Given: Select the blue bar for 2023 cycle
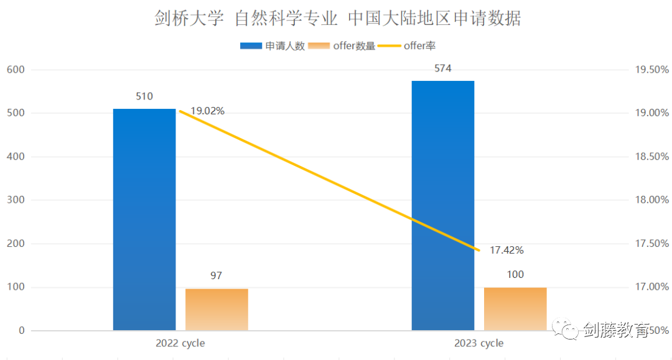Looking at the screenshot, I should pos(443,205).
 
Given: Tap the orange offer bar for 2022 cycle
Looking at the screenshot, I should pos(217,309).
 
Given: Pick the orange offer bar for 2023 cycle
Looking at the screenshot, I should pos(515,308).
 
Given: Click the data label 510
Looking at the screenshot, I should pos(144,96).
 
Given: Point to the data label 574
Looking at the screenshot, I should pos(443,68).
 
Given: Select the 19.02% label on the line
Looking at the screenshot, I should pos(207,111).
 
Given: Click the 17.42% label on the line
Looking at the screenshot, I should pos(506,250).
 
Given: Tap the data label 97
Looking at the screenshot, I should pos(217,275).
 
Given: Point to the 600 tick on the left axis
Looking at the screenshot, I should pos(17,70).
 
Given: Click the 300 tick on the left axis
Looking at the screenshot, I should pos(17,200).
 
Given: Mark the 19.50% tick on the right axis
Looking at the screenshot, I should pos(651,70).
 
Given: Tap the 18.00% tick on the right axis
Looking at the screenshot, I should pos(651,200).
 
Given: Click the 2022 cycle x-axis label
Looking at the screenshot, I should pos(180,343).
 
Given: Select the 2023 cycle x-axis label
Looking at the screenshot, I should pos(479,343).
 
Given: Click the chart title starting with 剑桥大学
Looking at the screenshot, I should pos(338,18).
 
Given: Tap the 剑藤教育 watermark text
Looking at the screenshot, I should pos(615,330).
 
